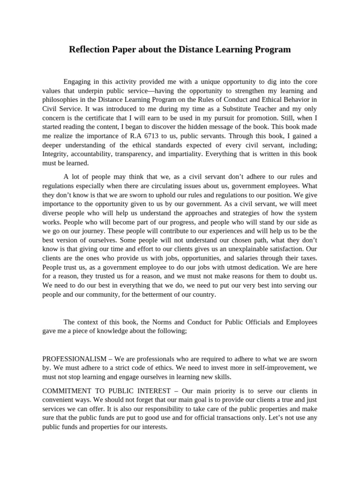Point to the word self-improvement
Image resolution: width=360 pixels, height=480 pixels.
[x=266, y=368]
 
